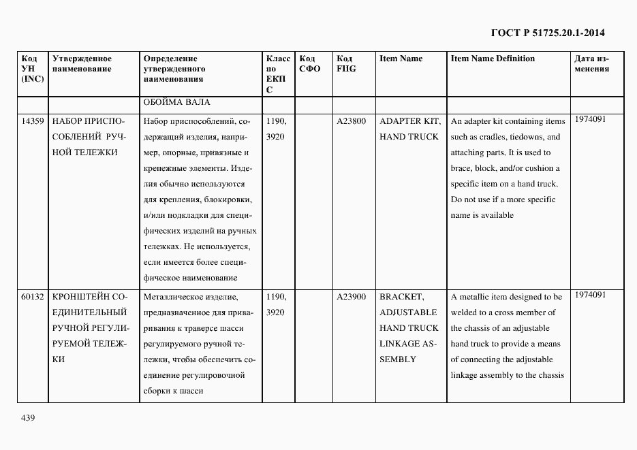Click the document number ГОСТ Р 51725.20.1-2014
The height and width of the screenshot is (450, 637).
point(548,33)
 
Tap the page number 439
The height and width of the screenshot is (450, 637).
point(27,417)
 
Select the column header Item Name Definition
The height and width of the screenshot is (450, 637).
point(493,59)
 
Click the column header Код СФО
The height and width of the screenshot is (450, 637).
point(309,63)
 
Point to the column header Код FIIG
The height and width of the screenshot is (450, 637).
point(346,63)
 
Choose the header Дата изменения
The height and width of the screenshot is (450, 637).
point(592,63)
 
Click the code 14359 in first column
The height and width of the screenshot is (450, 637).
point(33,121)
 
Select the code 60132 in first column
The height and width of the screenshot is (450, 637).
point(33,297)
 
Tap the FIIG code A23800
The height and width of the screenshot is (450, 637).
point(351,121)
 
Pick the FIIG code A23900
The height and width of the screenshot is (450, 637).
point(351,297)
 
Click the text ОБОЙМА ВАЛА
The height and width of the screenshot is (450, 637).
point(176,103)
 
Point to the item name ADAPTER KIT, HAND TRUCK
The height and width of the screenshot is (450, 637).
point(409,129)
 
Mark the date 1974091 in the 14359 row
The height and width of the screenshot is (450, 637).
point(590,119)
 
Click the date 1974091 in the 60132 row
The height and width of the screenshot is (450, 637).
point(590,295)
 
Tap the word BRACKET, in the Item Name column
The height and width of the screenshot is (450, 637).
point(401,297)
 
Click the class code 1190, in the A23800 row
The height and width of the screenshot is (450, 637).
point(276,121)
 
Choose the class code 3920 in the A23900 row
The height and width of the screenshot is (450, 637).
point(275,312)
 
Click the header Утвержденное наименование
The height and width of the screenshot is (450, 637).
point(82,63)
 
